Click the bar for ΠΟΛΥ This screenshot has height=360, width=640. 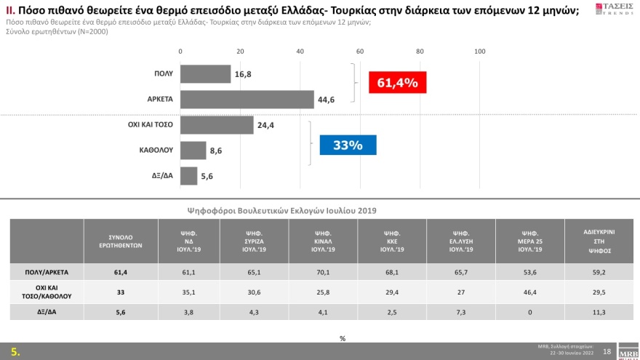[x=205, y=74]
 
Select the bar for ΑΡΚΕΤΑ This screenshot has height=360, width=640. [x=247, y=100]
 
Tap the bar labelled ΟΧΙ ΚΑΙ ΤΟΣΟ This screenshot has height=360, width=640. [x=216, y=125]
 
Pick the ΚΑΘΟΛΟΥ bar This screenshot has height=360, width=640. [x=193, y=151]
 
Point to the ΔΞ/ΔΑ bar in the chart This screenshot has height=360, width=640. [x=188, y=176]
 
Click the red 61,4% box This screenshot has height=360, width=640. [x=397, y=83]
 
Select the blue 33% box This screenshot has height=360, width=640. [x=348, y=145]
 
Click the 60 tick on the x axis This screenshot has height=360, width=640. [x=360, y=51]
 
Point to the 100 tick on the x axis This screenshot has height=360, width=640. [x=479, y=51]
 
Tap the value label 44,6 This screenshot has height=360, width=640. [x=327, y=100]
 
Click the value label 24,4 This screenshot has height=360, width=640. [x=265, y=125]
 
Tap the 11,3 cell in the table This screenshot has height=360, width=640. [x=600, y=311]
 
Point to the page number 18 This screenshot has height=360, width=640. [x=607, y=351]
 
